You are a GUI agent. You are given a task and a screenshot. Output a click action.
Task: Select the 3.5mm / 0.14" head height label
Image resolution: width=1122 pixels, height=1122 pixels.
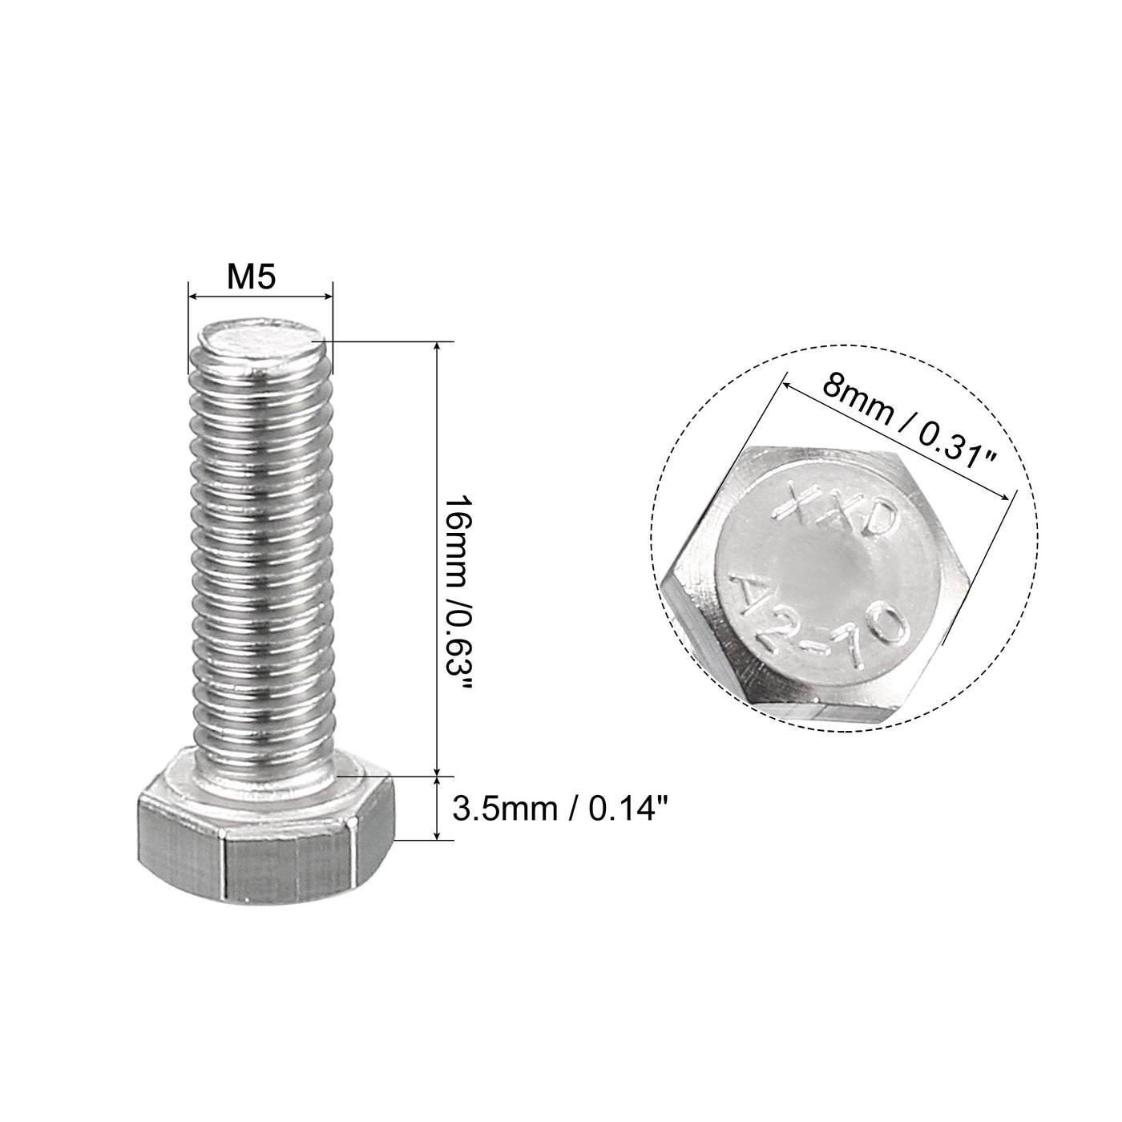[x=559, y=809]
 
